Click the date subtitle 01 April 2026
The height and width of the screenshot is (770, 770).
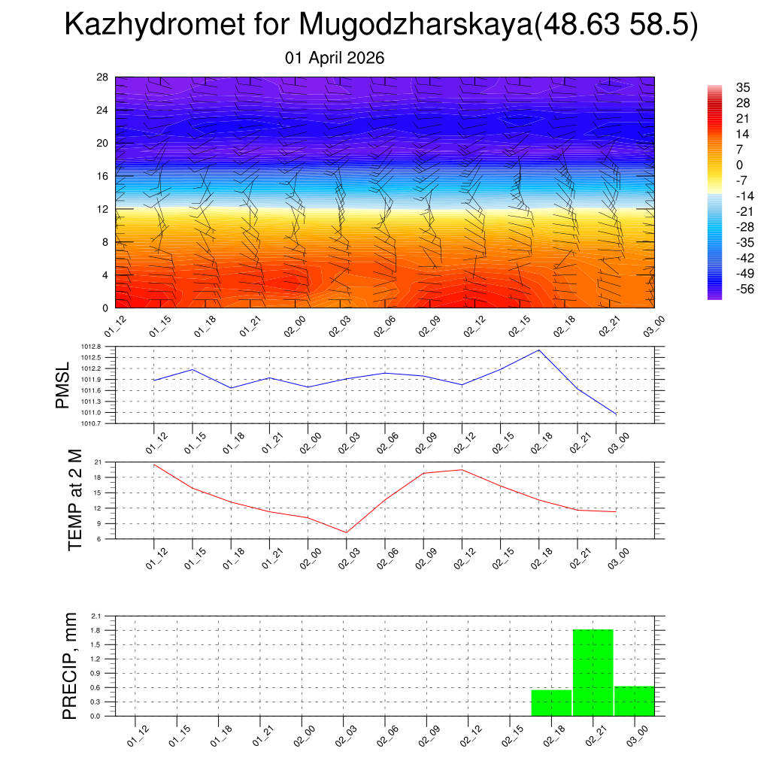[335, 58]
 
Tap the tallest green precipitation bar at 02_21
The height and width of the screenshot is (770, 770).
[593, 672]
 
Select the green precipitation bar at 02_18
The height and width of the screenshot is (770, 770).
[551, 702]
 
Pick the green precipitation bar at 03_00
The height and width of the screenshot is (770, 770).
[635, 701]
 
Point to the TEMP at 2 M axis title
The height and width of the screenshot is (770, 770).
[75, 500]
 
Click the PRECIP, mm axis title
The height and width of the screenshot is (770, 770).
[70, 665]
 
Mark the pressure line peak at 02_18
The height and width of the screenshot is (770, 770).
[538, 350]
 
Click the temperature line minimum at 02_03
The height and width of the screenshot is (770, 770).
[346, 532]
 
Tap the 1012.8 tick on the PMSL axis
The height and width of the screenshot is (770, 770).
[103, 347]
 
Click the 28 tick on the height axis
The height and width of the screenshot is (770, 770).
[103, 77]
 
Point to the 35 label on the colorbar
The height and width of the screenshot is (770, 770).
[743, 87]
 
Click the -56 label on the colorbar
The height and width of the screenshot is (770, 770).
[745, 289]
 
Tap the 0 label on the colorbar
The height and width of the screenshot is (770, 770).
[739, 165]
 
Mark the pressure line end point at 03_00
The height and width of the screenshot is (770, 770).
[616, 414]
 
